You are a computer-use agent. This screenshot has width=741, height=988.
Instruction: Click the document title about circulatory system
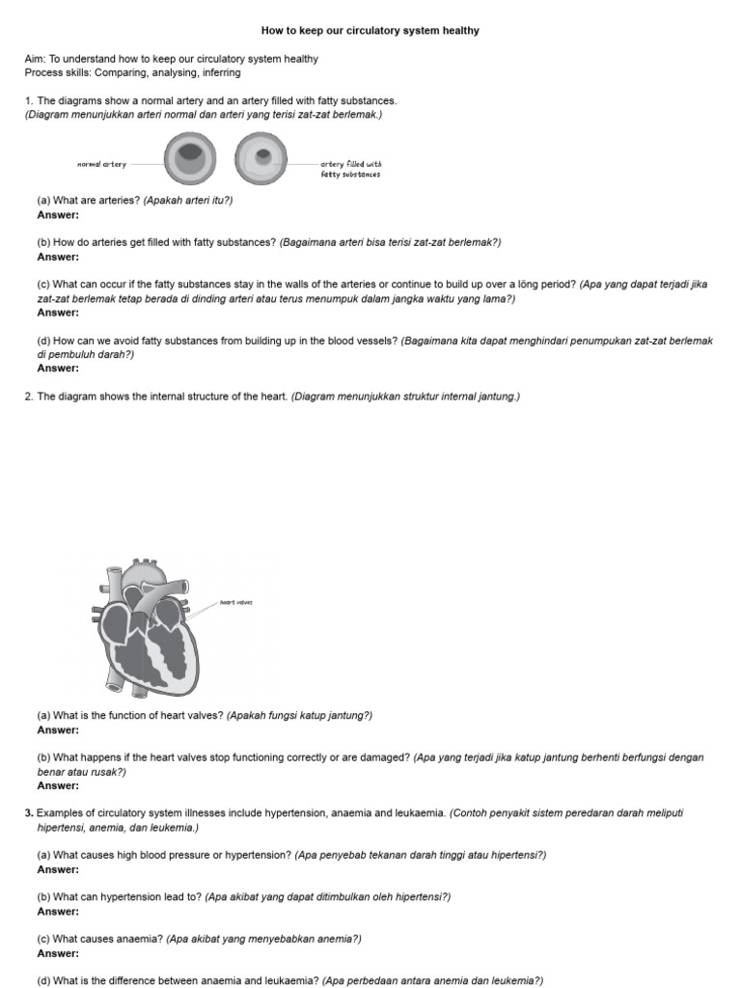coord(370,31)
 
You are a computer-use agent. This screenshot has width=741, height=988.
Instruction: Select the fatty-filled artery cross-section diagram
coord(261,158)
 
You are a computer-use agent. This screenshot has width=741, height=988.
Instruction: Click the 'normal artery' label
coord(101,165)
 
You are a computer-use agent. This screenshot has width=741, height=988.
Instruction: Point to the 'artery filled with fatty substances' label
coord(350,170)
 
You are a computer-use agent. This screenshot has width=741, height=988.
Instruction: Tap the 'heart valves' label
coord(235,602)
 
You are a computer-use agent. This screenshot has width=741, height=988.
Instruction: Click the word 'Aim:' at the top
coord(35,59)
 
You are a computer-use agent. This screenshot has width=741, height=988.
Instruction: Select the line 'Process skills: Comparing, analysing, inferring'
coord(132,72)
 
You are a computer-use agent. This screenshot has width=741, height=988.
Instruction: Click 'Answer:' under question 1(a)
coord(58,215)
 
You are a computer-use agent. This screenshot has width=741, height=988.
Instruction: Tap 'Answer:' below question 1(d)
coord(58,368)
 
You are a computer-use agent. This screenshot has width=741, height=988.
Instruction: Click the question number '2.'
coord(29,397)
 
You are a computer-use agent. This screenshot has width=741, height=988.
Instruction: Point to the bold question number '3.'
coord(29,813)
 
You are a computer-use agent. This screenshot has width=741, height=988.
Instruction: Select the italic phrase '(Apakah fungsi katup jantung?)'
coord(300,715)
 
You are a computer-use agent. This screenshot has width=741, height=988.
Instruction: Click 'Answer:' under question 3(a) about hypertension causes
coord(58,869)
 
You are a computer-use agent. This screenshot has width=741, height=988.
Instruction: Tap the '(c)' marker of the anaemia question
coord(43,939)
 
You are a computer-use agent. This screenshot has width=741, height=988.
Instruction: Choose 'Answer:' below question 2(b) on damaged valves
coord(58,785)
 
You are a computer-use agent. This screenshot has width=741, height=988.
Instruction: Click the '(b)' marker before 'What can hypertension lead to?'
coord(43,896)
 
